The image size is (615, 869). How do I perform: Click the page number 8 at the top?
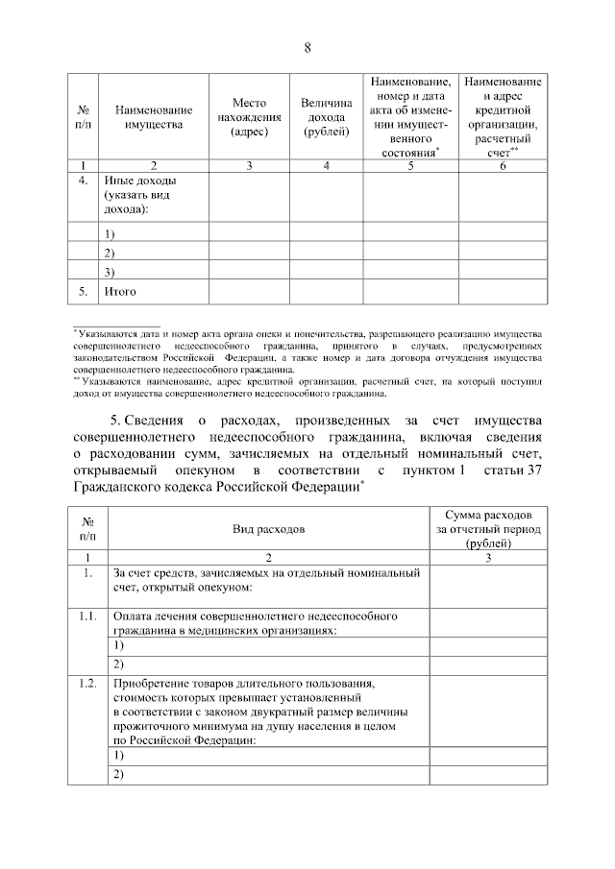[x=307, y=47]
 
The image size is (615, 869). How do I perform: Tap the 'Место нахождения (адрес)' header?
[x=249, y=118]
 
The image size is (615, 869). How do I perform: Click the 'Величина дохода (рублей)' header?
[x=327, y=117]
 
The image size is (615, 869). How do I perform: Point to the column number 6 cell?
[x=502, y=166]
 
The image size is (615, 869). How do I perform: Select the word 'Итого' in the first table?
[x=119, y=290]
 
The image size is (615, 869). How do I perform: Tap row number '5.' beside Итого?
[x=84, y=290]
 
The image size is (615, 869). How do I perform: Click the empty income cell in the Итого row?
[x=327, y=290]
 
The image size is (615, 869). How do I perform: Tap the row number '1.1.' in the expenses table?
[x=87, y=616]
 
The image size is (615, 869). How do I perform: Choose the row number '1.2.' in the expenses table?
[x=87, y=684]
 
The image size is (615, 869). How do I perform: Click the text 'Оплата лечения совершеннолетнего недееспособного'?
[x=255, y=616]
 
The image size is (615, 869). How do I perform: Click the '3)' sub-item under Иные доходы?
[x=109, y=272]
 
